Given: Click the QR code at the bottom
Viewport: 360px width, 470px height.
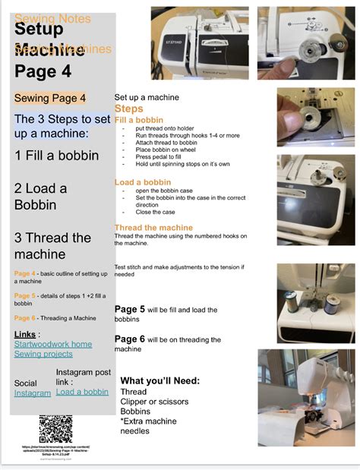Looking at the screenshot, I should [55, 429].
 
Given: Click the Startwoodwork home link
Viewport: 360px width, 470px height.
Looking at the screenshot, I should [53, 344].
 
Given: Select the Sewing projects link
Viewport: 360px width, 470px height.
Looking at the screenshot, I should [43, 354].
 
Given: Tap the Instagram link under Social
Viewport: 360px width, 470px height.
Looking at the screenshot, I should [33, 393].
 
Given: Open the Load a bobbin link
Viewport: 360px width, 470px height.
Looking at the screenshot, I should [82, 392].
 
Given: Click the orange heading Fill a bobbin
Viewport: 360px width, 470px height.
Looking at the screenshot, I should [138, 120].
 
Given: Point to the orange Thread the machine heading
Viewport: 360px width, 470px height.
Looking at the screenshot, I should [153, 228].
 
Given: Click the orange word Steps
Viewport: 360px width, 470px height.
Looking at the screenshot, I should [128, 109].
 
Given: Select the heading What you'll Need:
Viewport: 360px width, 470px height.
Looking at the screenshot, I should [160, 380].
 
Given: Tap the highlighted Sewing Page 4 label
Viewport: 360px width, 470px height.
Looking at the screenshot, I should [50, 98].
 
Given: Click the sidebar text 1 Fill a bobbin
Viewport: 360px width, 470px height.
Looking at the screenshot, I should [57, 155].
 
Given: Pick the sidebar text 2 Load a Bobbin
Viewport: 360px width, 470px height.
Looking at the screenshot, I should [41, 197].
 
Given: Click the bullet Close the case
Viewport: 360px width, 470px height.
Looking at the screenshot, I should [156, 213].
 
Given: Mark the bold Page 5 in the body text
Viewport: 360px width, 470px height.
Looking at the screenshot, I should [129, 310].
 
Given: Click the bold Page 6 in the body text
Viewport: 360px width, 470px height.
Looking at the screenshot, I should [129, 339].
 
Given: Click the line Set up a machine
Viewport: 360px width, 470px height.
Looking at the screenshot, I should [147, 98].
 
